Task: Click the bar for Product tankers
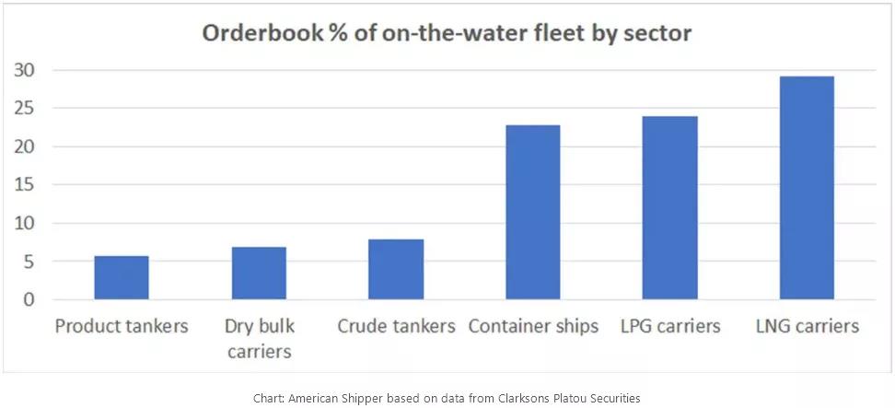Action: [122, 277]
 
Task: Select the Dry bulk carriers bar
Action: [259, 273]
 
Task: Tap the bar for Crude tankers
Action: [396, 269]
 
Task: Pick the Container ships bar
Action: [532, 212]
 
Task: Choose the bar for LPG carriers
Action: [669, 207]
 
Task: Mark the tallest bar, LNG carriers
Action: [807, 188]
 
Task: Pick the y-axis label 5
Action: [30, 262]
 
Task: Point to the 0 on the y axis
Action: [30, 299]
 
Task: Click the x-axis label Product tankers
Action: [122, 327]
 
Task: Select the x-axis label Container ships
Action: [533, 327]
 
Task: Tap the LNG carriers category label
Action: [806, 327]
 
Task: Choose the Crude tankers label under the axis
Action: [396, 327]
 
